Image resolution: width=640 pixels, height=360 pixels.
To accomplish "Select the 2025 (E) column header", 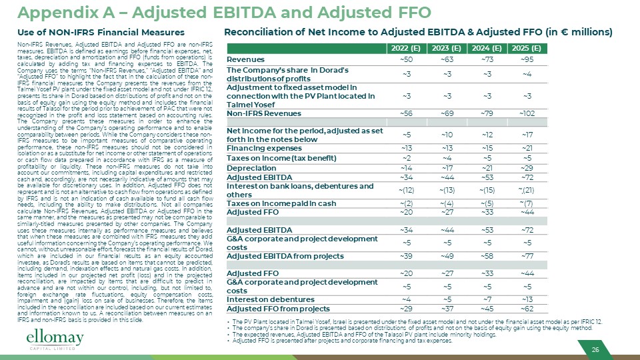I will pos(527,49).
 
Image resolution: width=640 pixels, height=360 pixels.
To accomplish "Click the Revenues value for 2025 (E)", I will pos(527,59).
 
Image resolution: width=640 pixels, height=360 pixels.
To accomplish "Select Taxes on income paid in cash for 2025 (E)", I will pos(527,203).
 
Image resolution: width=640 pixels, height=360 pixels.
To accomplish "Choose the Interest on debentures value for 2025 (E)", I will pos(527,298).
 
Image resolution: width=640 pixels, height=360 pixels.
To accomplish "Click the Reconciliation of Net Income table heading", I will pos(419,33).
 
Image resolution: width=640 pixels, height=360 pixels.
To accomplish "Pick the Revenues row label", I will pos(246,59).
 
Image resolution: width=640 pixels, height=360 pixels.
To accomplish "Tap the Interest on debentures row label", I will pos(267,298).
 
